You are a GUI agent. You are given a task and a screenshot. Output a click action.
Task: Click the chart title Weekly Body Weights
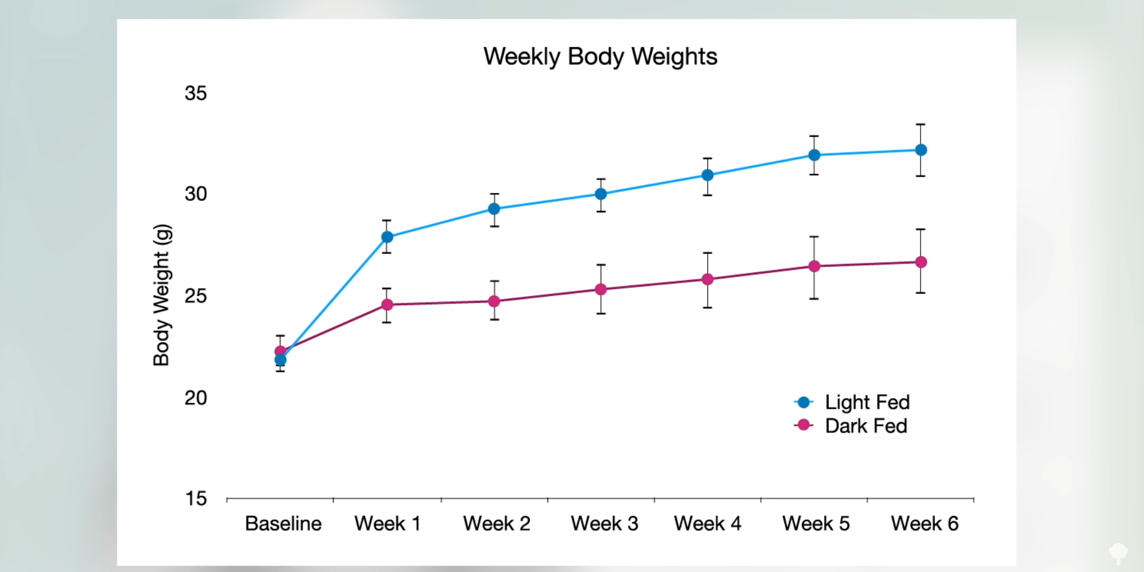600,57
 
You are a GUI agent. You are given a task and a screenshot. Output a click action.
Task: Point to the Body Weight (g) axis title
162,295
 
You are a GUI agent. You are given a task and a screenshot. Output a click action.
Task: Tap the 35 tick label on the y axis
195,94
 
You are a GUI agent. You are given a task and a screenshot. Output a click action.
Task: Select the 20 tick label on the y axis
195,397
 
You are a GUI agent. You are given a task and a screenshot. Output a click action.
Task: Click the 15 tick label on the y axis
195,499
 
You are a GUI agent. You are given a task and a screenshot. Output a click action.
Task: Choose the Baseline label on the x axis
283,524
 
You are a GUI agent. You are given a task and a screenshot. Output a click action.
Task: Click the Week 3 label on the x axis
604,524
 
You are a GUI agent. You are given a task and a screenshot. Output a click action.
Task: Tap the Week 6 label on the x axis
924,524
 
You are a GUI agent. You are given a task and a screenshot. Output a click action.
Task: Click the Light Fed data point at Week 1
387,237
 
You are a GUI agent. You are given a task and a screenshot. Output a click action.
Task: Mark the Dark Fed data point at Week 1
387,304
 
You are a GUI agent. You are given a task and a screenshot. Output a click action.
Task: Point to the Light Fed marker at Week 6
921,150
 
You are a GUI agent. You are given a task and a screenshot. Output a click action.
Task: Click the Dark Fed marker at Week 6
921,262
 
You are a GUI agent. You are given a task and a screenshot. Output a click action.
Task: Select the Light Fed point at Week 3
601,194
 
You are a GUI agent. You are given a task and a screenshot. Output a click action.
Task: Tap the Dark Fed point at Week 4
707,279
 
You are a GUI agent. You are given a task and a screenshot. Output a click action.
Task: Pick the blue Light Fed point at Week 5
814,155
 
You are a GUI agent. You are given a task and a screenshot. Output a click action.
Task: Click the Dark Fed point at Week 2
494,301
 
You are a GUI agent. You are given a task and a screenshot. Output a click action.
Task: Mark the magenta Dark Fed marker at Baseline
280,350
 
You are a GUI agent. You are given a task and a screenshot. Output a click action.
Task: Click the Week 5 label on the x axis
816,524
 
